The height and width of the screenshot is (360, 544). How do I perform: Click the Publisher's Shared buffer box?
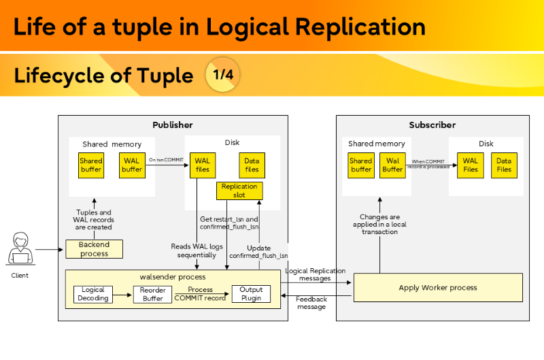click(x=91, y=165)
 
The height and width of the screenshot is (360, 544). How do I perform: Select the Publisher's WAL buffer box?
click(x=132, y=165)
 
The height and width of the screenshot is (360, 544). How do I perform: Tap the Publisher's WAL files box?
click(x=203, y=165)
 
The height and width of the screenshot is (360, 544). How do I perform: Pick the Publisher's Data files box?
click(x=252, y=165)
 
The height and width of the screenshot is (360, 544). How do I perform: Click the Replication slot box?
click(x=239, y=191)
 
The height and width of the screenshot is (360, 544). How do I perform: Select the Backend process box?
click(x=95, y=249)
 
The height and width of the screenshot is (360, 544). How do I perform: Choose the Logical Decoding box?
click(x=93, y=294)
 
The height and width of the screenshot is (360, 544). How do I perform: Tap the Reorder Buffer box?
click(x=153, y=294)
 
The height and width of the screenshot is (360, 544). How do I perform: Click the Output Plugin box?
click(x=251, y=294)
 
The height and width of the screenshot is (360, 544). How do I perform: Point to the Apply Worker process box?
click(x=438, y=288)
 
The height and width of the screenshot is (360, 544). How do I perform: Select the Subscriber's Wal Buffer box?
click(x=392, y=165)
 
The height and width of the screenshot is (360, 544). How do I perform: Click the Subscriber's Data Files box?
click(x=504, y=165)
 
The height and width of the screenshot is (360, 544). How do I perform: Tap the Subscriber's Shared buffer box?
click(x=361, y=165)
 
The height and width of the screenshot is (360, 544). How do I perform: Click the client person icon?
click(x=20, y=250)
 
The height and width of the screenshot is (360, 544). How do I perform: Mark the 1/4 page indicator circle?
click(x=223, y=75)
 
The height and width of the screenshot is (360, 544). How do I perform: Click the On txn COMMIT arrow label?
click(x=166, y=159)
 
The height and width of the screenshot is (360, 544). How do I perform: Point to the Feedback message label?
click(x=311, y=303)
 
